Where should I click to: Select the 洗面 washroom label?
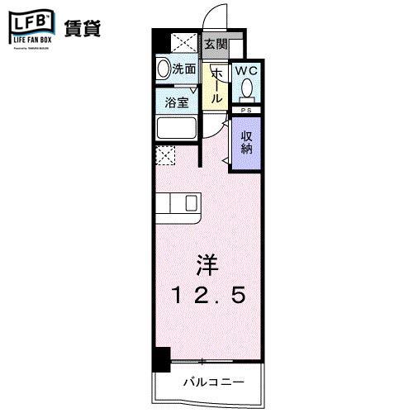pos(184,70)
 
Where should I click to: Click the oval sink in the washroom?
pos(163,70)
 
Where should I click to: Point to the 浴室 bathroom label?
pos(177,103)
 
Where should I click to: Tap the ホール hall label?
pos(216,84)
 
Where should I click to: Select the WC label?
pos(247,71)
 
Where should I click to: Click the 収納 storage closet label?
pos(246,141)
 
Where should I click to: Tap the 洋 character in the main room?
pos(206,267)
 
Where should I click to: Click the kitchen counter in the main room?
pos(178,203)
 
